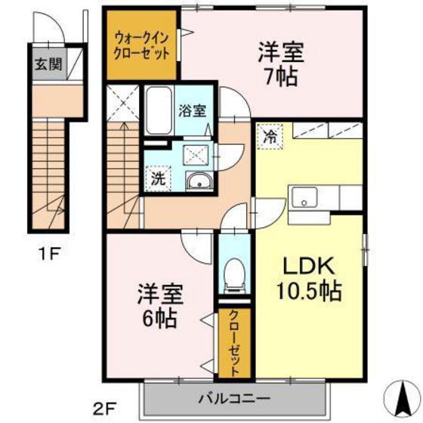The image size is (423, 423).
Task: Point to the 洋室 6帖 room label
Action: click(x=158, y=305)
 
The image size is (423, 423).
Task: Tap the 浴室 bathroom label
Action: click(x=192, y=110)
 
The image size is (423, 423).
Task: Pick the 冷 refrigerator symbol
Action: click(x=269, y=137)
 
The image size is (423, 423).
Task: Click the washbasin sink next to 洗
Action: click(x=199, y=181)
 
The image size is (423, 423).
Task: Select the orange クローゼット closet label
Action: click(x=235, y=344)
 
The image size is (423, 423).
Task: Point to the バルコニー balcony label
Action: click(x=235, y=397)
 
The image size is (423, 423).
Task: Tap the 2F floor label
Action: click(x=105, y=409)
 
